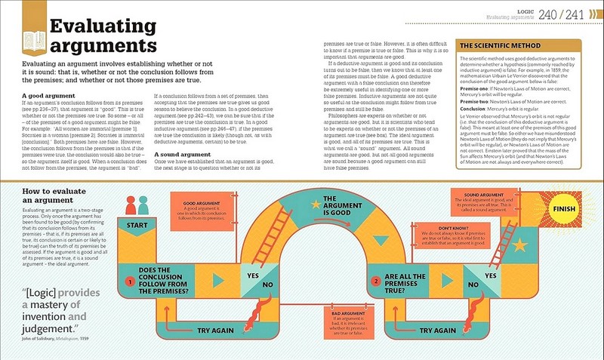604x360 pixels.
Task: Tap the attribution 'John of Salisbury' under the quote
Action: pos(48,342)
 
